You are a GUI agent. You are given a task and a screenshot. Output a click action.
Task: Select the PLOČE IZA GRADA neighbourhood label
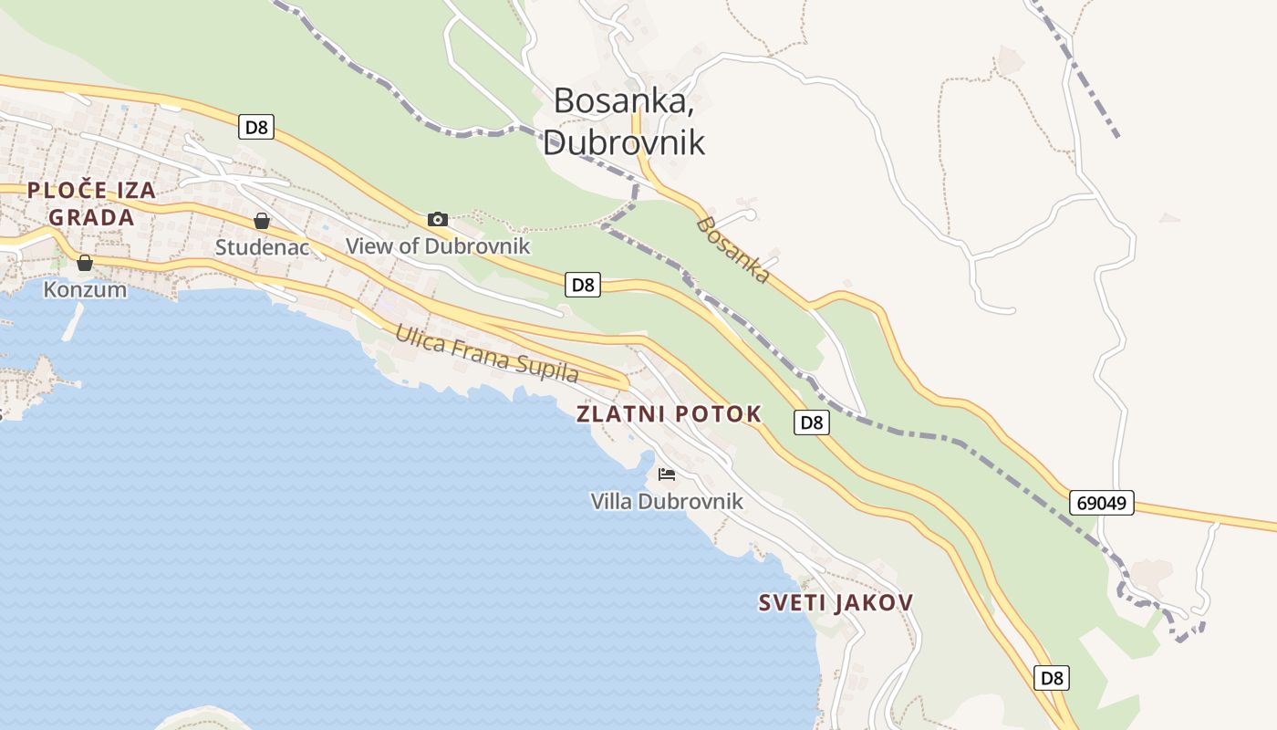(91, 203)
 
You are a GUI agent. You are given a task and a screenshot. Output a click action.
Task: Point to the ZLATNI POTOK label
(669, 413)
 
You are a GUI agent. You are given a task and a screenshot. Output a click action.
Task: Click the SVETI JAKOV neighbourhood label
(836, 602)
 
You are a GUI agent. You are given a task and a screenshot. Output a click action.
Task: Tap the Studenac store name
(262, 246)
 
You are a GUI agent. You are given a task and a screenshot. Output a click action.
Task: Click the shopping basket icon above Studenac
(262, 221)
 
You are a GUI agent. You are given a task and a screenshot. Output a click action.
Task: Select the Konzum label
(85, 289)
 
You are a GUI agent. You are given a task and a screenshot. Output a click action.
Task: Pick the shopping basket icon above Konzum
(85, 263)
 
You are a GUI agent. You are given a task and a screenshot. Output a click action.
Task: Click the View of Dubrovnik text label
(437, 245)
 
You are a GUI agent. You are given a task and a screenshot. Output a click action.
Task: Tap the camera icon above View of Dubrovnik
(438, 219)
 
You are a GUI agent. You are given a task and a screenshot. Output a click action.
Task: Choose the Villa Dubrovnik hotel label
(667, 501)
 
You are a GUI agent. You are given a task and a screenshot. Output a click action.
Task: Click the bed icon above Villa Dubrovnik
(667, 474)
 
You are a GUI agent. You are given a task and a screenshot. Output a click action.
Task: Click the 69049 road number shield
(1103, 502)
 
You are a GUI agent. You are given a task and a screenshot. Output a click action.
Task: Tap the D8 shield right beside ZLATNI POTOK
(811, 422)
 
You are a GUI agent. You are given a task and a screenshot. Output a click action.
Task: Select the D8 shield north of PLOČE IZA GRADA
(257, 127)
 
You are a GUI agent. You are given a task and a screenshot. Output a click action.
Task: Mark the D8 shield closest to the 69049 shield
(1052, 678)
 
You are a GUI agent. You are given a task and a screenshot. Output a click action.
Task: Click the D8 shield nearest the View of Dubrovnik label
(582, 285)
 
